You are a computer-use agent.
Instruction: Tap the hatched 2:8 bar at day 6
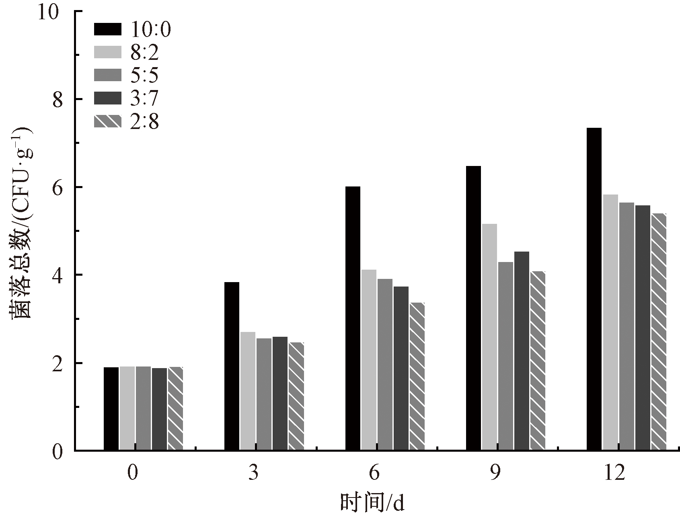click(417, 376)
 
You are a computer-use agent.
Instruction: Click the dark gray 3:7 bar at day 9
click(522, 350)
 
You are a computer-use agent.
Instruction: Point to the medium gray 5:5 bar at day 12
click(626, 326)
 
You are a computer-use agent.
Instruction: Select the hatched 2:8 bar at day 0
click(175, 408)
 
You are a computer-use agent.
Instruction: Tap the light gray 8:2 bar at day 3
click(248, 391)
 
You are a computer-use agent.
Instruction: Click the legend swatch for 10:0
click(107, 29)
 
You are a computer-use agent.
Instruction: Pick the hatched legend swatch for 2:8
click(107, 121)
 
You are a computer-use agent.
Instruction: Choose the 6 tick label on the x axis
click(374, 473)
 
